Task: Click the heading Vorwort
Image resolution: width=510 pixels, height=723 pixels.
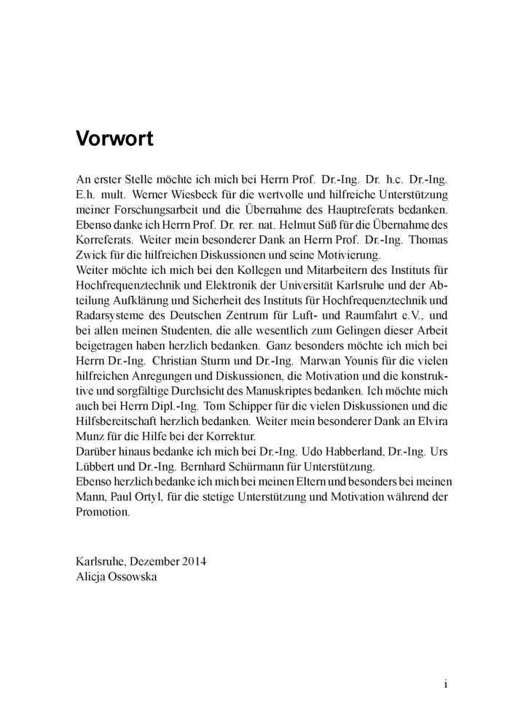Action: pyautogui.click(x=114, y=138)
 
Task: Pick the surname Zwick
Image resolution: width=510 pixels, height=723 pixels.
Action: pyautogui.click(x=91, y=255)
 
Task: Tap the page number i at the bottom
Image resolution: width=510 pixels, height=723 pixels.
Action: pyautogui.click(x=445, y=684)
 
